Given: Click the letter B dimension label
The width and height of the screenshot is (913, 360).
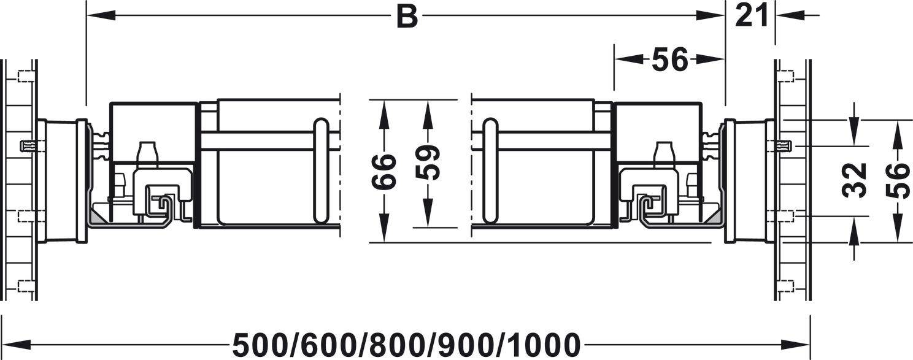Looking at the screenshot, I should [x=406, y=16].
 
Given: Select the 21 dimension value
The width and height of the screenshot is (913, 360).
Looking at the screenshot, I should [x=752, y=15].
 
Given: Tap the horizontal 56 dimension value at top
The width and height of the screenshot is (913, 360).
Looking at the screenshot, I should [x=670, y=59].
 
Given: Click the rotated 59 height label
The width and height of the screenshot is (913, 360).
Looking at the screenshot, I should [x=428, y=162].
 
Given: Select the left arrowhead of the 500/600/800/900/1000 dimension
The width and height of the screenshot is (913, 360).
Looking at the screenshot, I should [x=13, y=345].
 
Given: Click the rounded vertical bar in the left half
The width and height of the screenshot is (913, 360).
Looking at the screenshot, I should [x=320, y=170].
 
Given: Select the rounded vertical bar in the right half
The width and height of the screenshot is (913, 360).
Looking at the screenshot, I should [x=490, y=170].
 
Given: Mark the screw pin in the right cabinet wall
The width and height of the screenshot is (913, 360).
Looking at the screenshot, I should [x=784, y=146].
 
